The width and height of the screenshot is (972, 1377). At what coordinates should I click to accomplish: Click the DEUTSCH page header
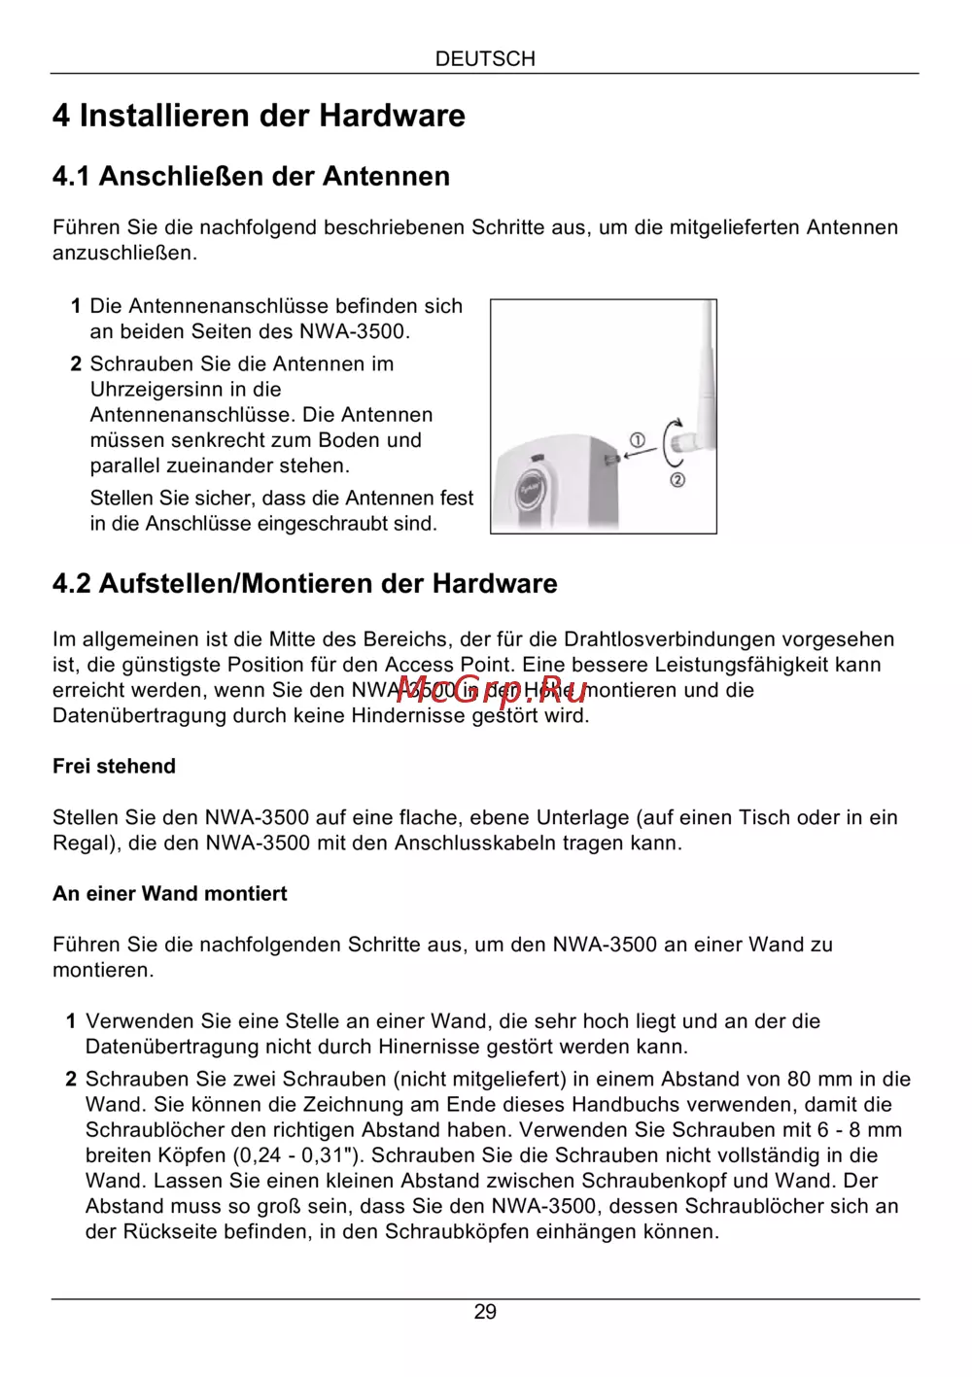(485, 58)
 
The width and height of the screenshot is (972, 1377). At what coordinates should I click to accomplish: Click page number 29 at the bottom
(485, 1312)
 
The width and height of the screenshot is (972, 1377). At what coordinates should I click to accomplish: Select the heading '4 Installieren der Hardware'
(259, 116)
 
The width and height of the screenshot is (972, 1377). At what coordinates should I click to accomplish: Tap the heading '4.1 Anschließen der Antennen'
(251, 176)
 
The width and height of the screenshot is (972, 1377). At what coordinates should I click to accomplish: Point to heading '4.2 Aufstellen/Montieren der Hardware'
(304, 583)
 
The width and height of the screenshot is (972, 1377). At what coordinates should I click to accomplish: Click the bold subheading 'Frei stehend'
(114, 766)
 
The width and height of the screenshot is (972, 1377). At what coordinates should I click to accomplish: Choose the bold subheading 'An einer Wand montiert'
(169, 893)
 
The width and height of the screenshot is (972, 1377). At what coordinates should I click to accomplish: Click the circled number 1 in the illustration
(638, 440)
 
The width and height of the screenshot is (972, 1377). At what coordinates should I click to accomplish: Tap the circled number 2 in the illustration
(677, 479)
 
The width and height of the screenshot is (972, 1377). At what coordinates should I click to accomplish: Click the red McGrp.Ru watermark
(491, 691)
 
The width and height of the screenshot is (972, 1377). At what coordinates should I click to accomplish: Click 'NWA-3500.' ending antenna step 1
(355, 331)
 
